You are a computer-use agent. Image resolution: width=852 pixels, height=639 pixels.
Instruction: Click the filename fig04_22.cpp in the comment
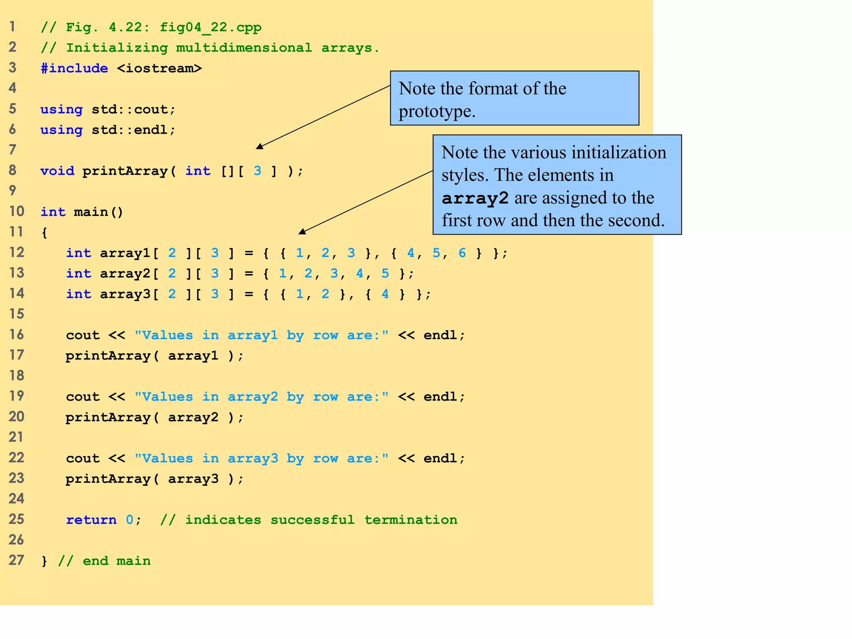tap(211, 27)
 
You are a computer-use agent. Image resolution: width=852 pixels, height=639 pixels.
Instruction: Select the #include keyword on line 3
tap(74, 68)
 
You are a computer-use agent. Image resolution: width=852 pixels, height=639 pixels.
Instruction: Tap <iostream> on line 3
tap(159, 68)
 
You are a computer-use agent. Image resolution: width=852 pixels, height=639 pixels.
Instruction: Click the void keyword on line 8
tap(57, 171)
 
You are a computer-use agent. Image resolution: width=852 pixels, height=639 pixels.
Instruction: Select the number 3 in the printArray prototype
tap(258, 171)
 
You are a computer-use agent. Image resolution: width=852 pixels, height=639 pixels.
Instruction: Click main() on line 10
tap(99, 212)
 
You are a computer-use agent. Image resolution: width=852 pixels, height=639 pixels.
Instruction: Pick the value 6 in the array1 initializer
tap(462, 253)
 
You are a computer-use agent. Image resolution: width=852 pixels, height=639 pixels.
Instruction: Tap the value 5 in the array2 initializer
tap(385, 273)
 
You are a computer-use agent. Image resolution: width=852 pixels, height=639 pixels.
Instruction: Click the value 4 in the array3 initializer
tap(385, 294)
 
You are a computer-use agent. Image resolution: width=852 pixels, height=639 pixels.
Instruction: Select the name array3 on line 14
tap(125, 294)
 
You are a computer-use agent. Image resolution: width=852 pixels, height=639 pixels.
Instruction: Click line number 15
tap(17, 314)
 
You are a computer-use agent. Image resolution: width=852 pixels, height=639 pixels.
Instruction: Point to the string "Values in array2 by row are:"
tap(261, 396)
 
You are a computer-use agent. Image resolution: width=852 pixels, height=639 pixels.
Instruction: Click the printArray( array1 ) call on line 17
tap(154, 356)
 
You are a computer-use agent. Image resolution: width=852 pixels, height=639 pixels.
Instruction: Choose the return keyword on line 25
tap(91, 520)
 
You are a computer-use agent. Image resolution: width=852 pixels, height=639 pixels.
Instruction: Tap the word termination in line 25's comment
tap(411, 520)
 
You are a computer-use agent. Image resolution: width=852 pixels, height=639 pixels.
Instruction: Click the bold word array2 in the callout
tap(475, 198)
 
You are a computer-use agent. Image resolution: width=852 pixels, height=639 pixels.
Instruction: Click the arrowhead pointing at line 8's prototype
tap(260, 146)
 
